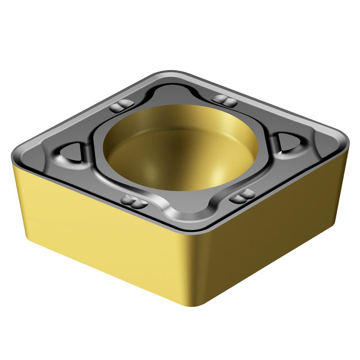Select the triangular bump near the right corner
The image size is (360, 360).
click(x=289, y=142)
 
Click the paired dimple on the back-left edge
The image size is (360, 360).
click(x=122, y=105)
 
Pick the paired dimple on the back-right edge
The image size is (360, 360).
click(x=224, y=100)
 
